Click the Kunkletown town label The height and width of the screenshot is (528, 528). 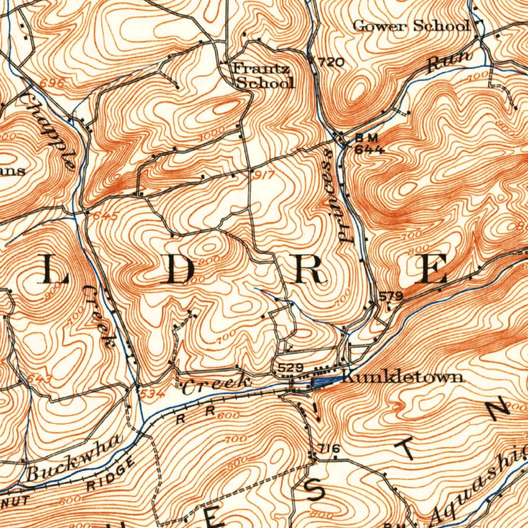[x=402, y=377]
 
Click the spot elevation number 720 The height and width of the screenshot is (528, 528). [x=331, y=63]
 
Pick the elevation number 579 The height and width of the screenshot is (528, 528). [x=390, y=296]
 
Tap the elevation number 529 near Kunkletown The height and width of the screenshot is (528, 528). [x=289, y=368]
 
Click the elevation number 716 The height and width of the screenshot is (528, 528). [x=329, y=449]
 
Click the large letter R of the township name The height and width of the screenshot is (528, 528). [x=309, y=270]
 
